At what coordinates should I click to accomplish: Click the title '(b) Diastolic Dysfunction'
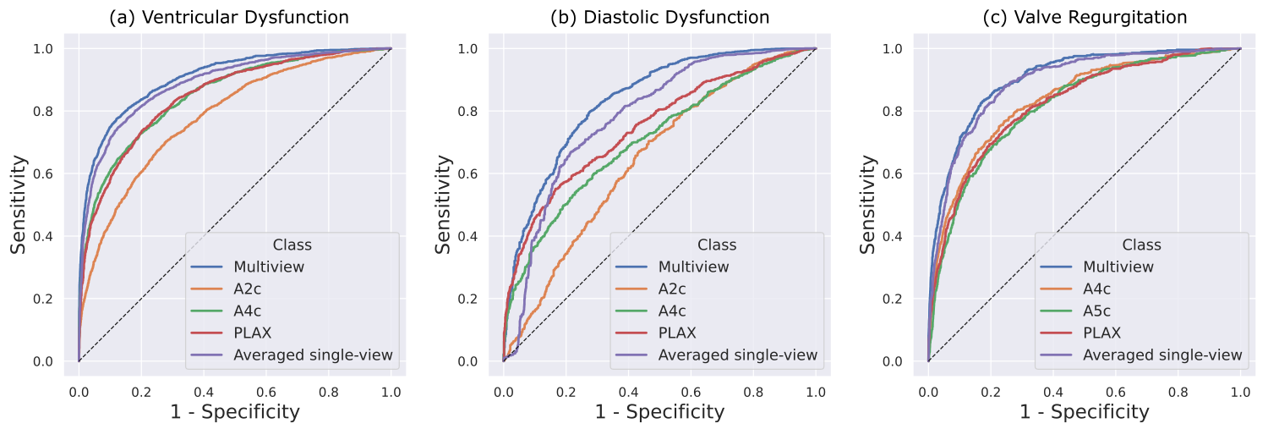[659, 17]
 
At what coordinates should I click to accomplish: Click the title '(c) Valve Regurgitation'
[1085, 17]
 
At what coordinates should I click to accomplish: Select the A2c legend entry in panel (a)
[249, 289]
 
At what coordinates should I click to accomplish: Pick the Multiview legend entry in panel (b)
[694, 267]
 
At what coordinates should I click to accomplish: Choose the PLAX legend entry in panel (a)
[252, 333]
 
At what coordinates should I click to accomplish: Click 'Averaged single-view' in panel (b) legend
[738, 355]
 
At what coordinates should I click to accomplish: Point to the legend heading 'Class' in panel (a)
[292, 245]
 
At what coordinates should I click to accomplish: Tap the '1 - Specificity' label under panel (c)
[1085, 412]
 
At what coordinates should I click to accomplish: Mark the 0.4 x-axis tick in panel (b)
[628, 393]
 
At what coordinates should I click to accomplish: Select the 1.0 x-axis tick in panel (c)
[1241, 393]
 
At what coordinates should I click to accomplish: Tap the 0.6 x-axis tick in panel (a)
[266, 393]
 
